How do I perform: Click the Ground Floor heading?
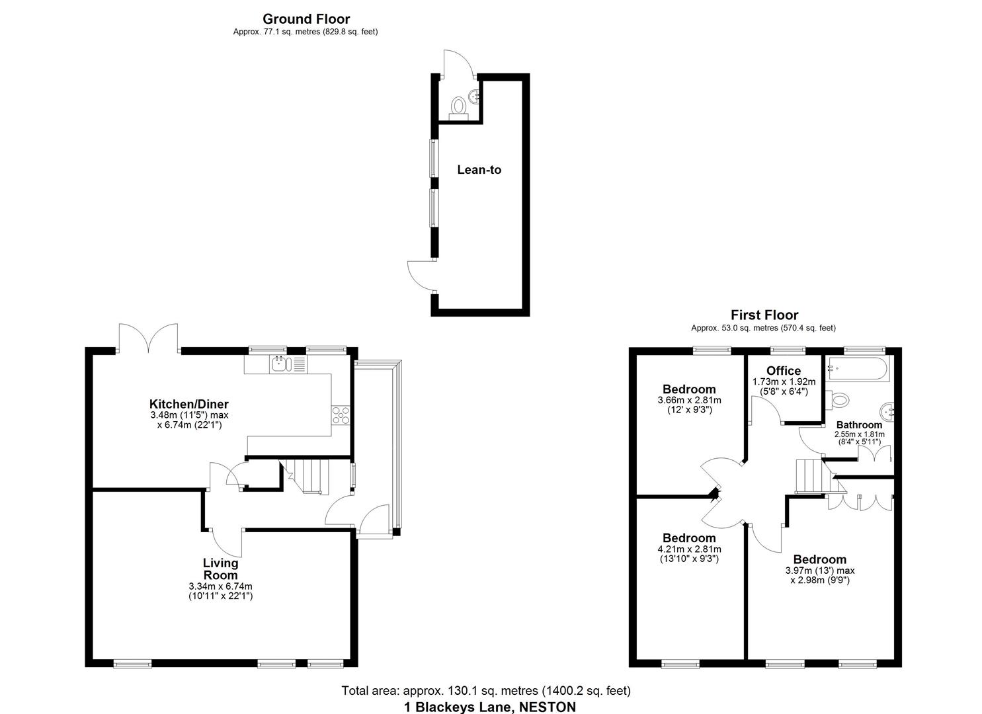(306, 19)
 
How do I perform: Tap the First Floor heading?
(764, 315)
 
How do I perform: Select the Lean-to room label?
(479, 170)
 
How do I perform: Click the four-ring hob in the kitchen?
(341, 415)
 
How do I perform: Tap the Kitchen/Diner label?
(188, 404)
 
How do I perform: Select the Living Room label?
(220, 569)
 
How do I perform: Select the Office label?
(784, 371)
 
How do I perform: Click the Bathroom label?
(859, 425)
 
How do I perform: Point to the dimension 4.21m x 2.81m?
(689, 549)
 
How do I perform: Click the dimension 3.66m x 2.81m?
(689, 400)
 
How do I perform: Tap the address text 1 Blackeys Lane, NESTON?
(489, 707)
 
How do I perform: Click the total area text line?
(486, 691)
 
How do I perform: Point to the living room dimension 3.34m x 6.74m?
(220, 586)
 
